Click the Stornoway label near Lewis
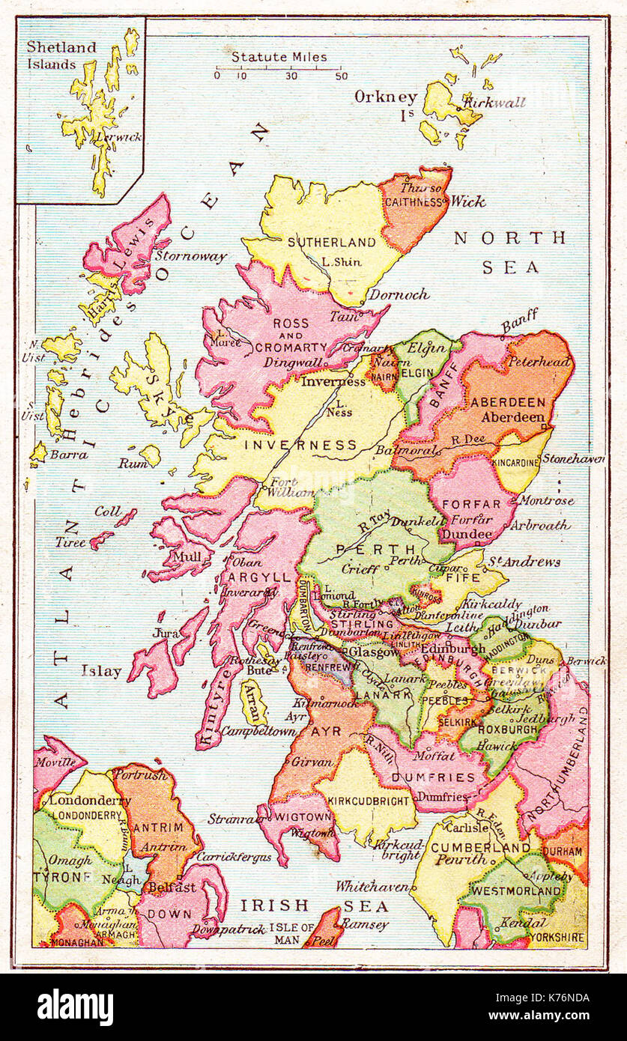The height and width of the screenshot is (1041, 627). coord(191,257)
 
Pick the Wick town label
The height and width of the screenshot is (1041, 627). coord(467,201)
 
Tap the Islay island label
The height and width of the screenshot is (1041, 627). coord(101,671)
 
